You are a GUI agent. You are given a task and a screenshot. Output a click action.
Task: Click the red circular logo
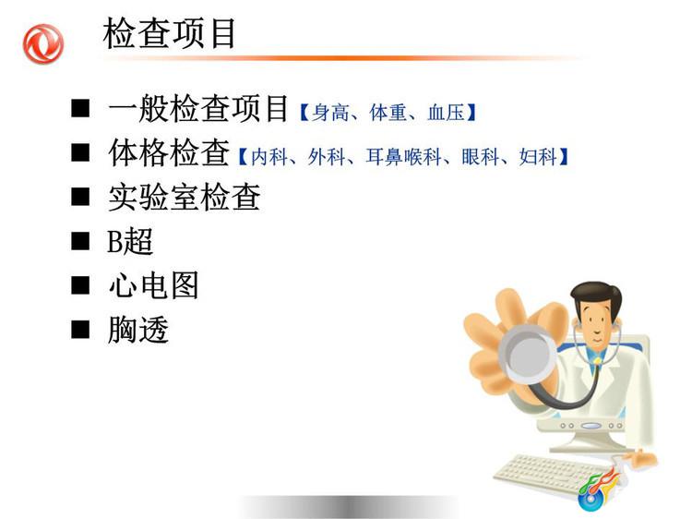[x=43, y=44]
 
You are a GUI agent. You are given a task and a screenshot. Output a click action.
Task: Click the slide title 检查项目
[x=170, y=33]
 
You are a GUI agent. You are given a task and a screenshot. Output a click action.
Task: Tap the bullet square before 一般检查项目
[x=80, y=108]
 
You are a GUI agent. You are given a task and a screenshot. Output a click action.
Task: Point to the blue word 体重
[x=388, y=113]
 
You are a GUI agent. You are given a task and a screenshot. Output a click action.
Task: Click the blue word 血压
[x=446, y=113]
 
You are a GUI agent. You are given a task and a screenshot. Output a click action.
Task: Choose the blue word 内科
[x=269, y=157]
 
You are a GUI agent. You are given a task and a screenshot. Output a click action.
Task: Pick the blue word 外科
[x=327, y=157]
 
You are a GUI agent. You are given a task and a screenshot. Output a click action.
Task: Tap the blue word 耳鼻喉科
[x=404, y=157]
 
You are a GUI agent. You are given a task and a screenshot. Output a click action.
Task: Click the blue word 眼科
[x=480, y=157]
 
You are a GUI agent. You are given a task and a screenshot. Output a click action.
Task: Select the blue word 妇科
[x=538, y=157]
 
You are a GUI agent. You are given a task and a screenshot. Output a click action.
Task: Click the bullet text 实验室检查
[x=185, y=197]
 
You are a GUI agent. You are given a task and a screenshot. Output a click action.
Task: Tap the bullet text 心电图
[x=153, y=285]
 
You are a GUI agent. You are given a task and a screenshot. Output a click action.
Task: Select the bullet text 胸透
[x=138, y=330]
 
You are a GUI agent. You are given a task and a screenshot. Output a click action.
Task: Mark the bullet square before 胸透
[x=80, y=330]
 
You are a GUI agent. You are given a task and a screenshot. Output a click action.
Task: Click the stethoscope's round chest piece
[x=528, y=355]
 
